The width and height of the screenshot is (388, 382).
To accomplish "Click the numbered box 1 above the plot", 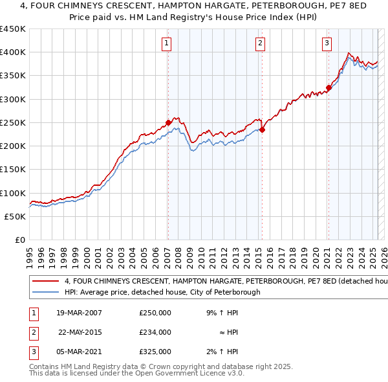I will [x=167, y=43].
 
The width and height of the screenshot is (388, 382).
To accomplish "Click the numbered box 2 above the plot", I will [x=260, y=43].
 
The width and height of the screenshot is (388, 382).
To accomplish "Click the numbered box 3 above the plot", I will [x=327, y=43].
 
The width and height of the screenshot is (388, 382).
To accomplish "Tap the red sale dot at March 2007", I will [x=168, y=122].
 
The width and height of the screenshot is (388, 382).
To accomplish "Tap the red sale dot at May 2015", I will [x=263, y=129].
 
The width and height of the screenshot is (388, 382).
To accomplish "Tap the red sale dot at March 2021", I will [x=329, y=87].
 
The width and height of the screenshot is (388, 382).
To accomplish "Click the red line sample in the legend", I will [x=46, y=282].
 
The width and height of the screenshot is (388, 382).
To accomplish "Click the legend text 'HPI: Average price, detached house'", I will [x=162, y=292].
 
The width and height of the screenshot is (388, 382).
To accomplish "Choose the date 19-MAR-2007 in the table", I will [x=79, y=313].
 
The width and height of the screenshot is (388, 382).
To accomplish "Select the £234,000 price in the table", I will [x=155, y=332].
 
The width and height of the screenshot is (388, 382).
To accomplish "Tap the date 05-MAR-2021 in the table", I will [x=79, y=352].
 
